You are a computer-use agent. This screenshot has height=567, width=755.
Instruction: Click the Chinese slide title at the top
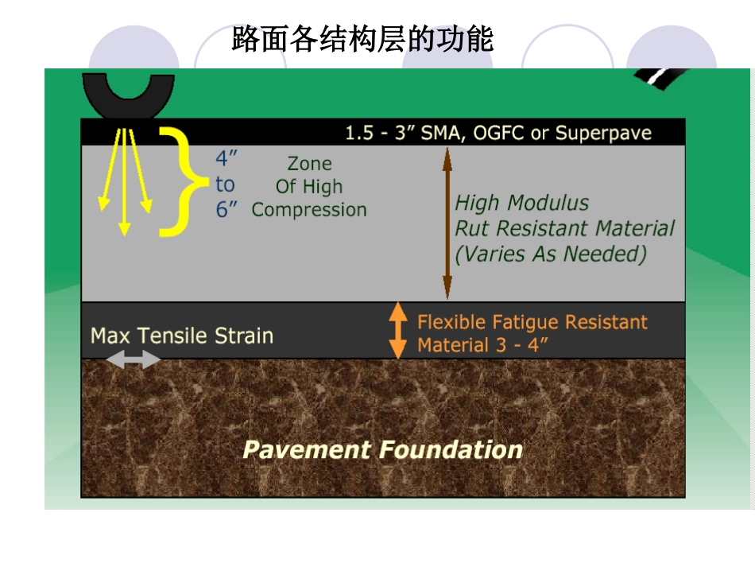[362, 38]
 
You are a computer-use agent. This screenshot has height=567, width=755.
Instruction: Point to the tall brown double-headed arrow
[447, 223]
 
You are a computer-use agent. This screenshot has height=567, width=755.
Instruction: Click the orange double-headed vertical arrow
[397, 330]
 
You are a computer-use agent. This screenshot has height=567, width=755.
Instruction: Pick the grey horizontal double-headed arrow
[133, 360]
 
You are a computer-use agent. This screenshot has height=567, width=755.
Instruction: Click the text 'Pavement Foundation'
[382, 449]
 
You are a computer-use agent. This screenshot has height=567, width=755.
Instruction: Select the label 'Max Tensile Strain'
[182, 336]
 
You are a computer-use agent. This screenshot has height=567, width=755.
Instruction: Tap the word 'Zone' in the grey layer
[309, 164]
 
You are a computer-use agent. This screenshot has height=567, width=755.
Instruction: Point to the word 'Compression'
[309, 210]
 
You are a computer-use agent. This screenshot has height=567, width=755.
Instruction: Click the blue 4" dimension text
[226, 157]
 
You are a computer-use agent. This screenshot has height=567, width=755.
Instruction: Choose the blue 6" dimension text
[227, 211]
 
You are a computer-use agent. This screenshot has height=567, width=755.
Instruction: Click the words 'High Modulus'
[521, 203]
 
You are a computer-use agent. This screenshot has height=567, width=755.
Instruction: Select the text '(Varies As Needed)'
[550, 254]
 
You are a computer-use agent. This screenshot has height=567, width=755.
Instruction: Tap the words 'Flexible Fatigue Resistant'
[532, 322]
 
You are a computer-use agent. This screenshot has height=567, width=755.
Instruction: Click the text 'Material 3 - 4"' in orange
[483, 346]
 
